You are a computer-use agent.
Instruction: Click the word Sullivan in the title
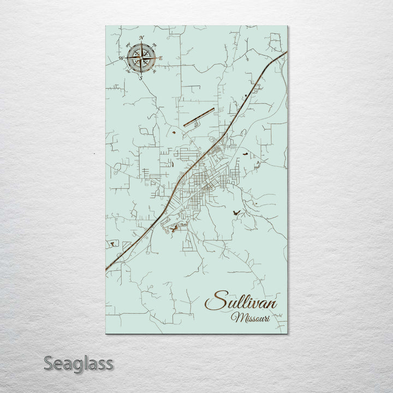coord(244,302)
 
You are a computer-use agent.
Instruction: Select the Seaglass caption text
coord(79,363)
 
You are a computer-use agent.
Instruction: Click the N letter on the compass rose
coord(141,38)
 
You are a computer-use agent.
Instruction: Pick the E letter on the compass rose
coord(161,58)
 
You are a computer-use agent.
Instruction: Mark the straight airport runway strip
coord(199,117)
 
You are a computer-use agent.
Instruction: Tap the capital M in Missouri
coord(236,317)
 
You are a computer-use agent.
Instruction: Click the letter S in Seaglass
coord(48,362)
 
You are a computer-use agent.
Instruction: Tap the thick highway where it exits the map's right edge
coord(285,53)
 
